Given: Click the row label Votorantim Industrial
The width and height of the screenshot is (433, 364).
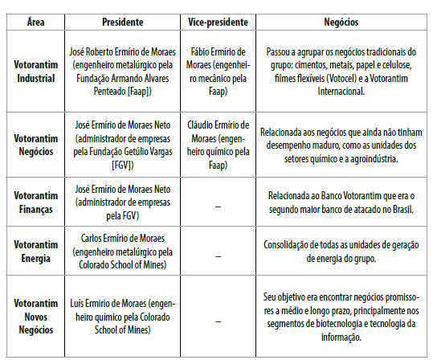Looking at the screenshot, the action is coord(34,70).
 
